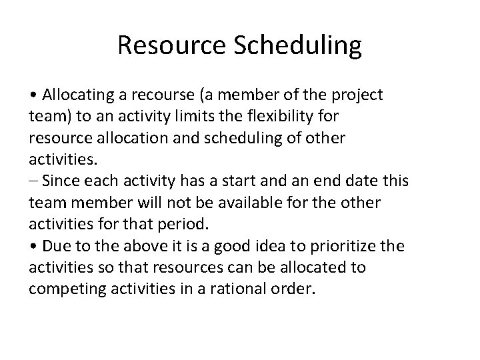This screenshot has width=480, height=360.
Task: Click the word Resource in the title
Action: (x=169, y=45)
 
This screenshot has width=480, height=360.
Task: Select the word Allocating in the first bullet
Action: (x=73, y=95)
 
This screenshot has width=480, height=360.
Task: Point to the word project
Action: (x=358, y=95)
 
